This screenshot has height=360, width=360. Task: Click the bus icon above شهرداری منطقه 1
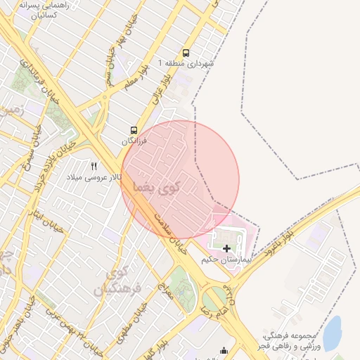pos(186,53)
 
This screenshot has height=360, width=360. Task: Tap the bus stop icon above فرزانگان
pos(134,130)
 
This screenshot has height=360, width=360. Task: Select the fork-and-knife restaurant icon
pos(94,166)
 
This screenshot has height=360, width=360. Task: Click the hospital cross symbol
pos(226,248)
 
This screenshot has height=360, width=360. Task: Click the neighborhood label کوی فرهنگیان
pos(123,281)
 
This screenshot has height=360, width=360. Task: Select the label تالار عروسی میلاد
pos(94,177)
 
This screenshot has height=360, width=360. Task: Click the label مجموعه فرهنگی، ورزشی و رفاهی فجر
pos(289,341)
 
